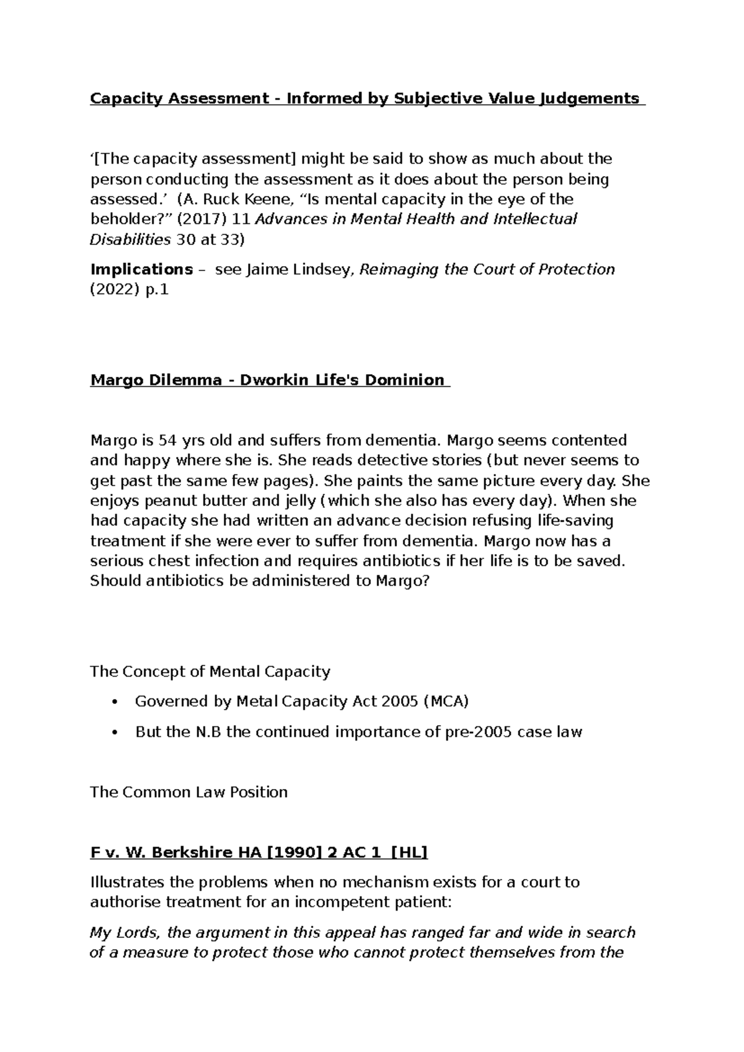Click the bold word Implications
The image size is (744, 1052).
pyautogui.click(x=141, y=269)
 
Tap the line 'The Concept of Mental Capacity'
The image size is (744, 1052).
pyautogui.click(x=210, y=671)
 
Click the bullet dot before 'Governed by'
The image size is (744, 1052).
pyautogui.click(x=113, y=702)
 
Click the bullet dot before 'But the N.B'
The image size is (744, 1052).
pyautogui.click(x=113, y=733)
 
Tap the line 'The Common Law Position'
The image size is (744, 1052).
pyautogui.click(x=188, y=792)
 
